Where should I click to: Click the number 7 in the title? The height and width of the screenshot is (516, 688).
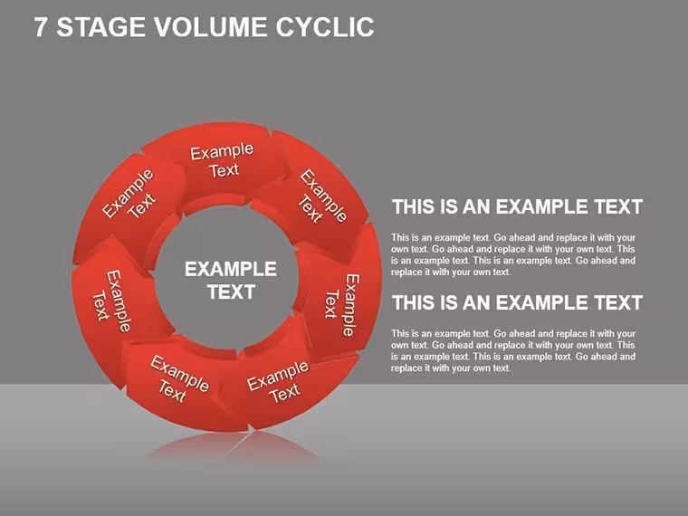coord(40,27)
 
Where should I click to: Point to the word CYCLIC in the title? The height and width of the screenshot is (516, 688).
coord(325,27)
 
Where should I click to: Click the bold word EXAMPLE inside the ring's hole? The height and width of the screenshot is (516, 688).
coord(231,269)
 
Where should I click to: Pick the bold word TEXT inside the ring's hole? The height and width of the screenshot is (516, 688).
coord(231,292)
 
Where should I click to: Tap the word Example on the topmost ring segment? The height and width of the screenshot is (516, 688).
coord(222,152)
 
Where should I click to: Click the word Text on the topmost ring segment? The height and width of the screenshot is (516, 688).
coord(224,170)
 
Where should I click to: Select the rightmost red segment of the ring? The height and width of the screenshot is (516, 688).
coord(340,291)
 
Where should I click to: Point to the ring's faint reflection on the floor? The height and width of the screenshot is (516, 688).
coord(233,447)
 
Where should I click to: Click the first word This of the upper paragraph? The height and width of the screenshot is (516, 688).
coord(400,238)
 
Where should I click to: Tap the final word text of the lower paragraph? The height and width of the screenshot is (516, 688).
coord(502,368)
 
